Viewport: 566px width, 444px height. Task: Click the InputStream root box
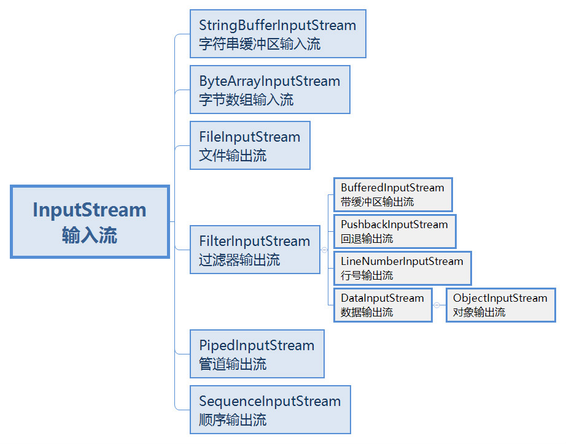point(90,221)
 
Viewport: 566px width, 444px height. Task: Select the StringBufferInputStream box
point(277,34)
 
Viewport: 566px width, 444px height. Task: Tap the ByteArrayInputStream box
point(269,90)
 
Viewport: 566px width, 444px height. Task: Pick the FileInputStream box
point(250,145)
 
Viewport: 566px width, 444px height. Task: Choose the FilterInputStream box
point(255,250)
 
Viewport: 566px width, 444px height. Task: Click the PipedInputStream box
point(257,354)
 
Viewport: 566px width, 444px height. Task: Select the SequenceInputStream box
point(269,410)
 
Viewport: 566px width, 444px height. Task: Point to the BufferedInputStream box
point(392,194)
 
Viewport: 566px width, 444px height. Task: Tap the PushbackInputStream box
point(394,231)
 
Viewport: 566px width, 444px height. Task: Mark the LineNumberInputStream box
point(401,268)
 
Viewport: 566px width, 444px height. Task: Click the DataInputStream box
point(382,305)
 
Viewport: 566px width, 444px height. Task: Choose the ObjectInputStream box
point(500,305)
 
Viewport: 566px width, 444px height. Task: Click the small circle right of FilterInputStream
point(324,250)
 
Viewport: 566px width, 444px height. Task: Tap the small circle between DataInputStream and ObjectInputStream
point(436,305)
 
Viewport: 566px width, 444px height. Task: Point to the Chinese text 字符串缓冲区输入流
point(260,44)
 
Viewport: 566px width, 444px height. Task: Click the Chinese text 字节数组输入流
point(246,99)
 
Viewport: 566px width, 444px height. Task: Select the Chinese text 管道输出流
point(233,364)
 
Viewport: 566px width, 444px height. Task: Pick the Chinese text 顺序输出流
point(233,419)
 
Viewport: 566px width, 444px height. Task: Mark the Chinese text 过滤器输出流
point(239,259)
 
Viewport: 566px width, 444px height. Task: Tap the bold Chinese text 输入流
point(90,235)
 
